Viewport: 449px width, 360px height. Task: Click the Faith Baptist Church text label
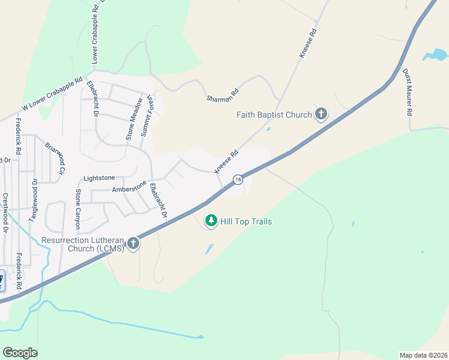coord(274,115)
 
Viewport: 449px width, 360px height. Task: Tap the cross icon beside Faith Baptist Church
coord(321,114)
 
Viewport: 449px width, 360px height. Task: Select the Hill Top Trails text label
coord(246,222)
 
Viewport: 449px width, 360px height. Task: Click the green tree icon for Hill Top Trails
coord(211,221)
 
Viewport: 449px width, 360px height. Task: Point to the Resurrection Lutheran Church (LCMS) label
coord(83,244)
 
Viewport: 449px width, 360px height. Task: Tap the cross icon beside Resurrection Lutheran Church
coord(133,244)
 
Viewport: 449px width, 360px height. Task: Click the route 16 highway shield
coord(238,179)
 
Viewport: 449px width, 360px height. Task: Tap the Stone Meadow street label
coord(134,119)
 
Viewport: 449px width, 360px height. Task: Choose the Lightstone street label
coord(99,178)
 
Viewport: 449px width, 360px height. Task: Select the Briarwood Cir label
coord(53,158)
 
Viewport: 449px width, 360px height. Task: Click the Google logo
coord(20,353)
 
